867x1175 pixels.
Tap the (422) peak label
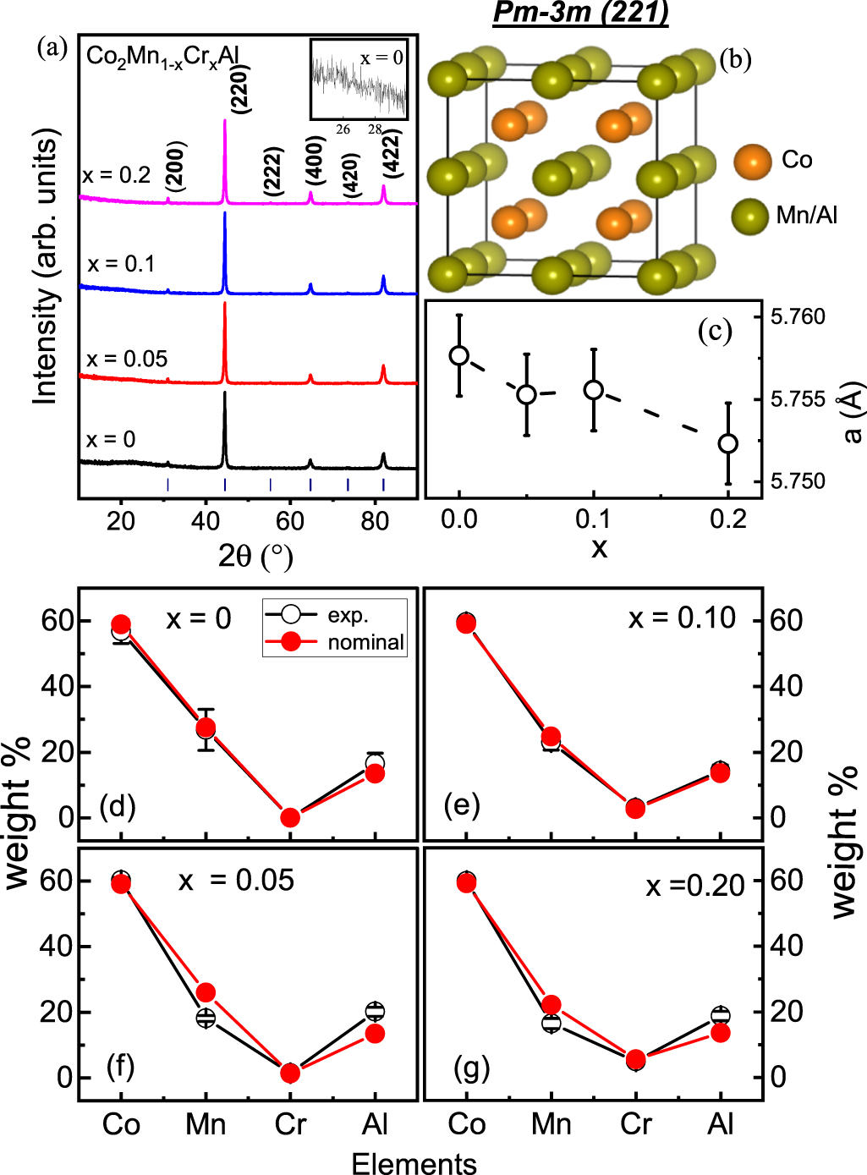click(x=391, y=153)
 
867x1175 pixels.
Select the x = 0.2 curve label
click(x=117, y=176)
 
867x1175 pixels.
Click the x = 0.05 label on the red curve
click(x=127, y=359)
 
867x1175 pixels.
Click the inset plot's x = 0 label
click(x=381, y=58)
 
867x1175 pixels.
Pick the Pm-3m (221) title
click(x=580, y=13)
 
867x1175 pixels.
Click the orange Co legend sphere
click(x=752, y=161)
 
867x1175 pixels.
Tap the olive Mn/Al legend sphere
click(x=750, y=216)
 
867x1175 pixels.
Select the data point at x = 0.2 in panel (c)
click(x=727, y=443)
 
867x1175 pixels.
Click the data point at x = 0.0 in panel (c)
click(x=459, y=355)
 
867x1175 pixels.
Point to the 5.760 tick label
click(x=798, y=317)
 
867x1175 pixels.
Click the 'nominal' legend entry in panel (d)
click(x=365, y=642)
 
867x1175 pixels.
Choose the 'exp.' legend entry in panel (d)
click(x=348, y=616)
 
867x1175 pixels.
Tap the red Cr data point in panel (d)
click(x=290, y=817)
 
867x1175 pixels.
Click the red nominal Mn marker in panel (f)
click(x=206, y=992)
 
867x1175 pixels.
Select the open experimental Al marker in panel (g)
click(x=721, y=1015)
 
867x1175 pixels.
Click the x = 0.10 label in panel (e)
click(x=682, y=618)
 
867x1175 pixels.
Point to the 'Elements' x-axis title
click(x=414, y=1163)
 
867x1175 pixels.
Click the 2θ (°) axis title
click(x=255, y=556)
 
